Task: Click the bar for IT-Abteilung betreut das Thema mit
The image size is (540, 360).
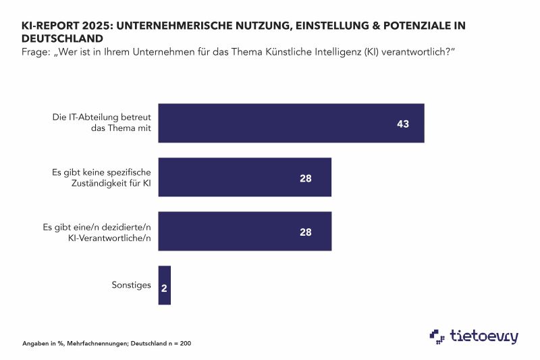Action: (x=290, y=123)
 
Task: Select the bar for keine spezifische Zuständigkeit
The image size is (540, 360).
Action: (x=244, y=178)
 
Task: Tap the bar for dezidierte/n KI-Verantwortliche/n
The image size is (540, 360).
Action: (x=244, y=231)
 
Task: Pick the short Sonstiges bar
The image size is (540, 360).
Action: (x=164, y=285)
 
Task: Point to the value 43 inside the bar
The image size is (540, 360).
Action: (x=403, y=124)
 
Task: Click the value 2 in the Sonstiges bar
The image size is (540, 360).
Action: (x=164, y=286)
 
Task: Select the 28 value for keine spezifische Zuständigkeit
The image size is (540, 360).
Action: (x=306, y=178)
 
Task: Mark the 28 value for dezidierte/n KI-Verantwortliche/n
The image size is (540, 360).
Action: (x=306, y=232)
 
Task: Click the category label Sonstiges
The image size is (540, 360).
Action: (x=131, y=285)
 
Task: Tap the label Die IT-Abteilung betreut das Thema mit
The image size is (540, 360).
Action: (x=101, y=123)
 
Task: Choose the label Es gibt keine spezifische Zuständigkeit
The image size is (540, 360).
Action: (x=101, y=178)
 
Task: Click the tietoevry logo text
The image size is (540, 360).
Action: (x=485, y=336)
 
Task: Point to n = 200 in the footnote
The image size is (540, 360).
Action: (x=180, y=344)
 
